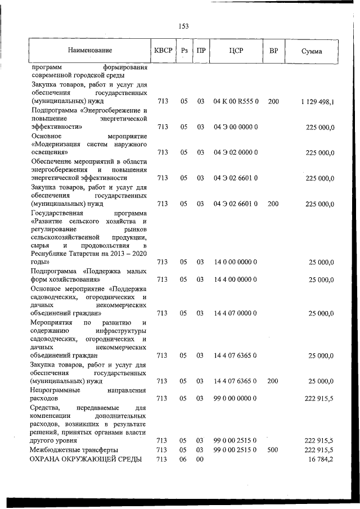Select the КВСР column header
(163, 51)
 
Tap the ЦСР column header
(236, 51)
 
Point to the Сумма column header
(312, 51)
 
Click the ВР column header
(273, 51)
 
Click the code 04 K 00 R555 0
(236, 102)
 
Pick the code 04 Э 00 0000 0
(236, 127)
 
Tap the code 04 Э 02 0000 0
(236, 152)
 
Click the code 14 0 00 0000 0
(236, 262)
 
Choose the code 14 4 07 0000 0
(236, 313)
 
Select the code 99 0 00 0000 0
(236, 398)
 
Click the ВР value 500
(273, 450)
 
